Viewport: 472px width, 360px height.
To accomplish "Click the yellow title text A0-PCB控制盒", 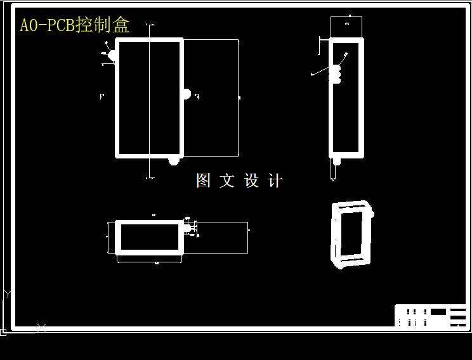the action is pyautogui.click(x=75, y=25).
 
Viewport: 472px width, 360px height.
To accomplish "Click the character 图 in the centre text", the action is pyautogui.click(x=203, y=181).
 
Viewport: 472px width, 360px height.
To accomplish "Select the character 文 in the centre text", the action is pyautogui.click(x=227, y=181).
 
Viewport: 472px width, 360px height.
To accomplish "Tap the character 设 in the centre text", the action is pyautogui.click(x=251, y=181).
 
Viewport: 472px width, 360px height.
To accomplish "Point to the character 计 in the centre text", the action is pyautogui.click(x=275, y=181).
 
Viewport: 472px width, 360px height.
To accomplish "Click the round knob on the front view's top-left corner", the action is pyautogui.click(x=112, y=55).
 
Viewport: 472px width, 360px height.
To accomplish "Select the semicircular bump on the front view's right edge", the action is pyautogui.click(x=187, y=94).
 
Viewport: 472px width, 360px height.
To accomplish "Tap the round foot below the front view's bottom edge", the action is pyautogui.click(x=173, y=161).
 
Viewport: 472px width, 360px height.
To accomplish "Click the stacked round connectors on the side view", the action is pyautogui.click(x=336, y=74).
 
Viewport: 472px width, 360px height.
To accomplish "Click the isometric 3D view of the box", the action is pyautogui.click(x=351, y=234).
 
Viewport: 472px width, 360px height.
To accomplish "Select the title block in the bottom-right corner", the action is pyautogui.click(x=431, y=316).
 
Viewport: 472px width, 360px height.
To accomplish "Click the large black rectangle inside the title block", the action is pyautogui.click(x=438, y=311).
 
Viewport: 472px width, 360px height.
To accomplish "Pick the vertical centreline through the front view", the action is pyautogui.click(x=150, y=101).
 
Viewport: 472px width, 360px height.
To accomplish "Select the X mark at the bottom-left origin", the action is pyautogui.click(x=41, y=328).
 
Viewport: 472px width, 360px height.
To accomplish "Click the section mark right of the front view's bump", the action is pyautogui.click(x=197, y=96).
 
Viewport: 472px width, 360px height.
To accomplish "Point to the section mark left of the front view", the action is pyautogui.click(x=102, y=96).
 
